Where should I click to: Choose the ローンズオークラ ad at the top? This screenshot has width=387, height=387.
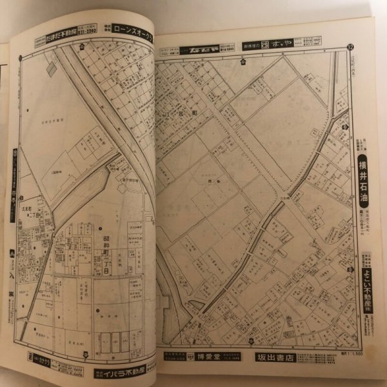coord(134,29)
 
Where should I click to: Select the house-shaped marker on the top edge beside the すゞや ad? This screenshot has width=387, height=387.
coord(243,61)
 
